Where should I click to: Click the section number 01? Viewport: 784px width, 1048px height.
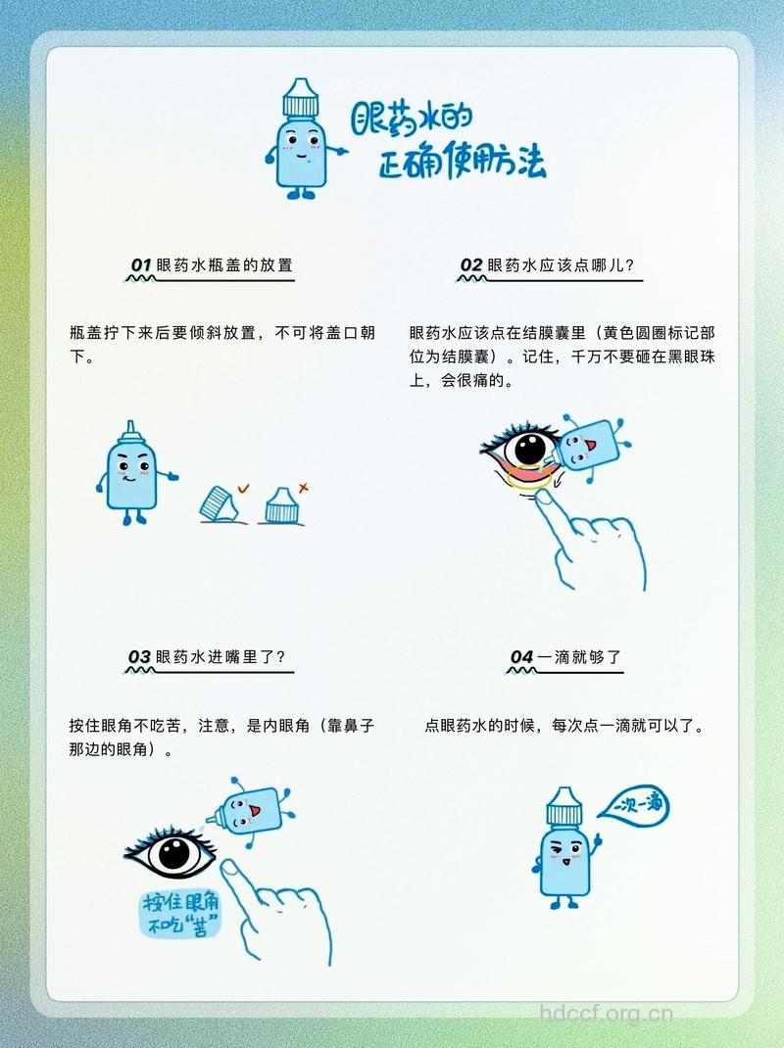(141, 265)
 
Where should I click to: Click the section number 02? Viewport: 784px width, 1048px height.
(471, 265)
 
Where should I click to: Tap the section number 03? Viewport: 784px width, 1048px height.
(139, 656)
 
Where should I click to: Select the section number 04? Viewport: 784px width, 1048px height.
(521, 656)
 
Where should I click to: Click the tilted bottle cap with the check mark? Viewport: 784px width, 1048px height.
(220, 501)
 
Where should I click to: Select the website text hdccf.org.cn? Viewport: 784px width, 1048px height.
(608, 1014)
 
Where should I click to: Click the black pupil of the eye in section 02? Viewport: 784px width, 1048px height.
(529, 450)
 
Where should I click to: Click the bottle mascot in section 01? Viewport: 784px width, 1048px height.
(127, 473)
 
